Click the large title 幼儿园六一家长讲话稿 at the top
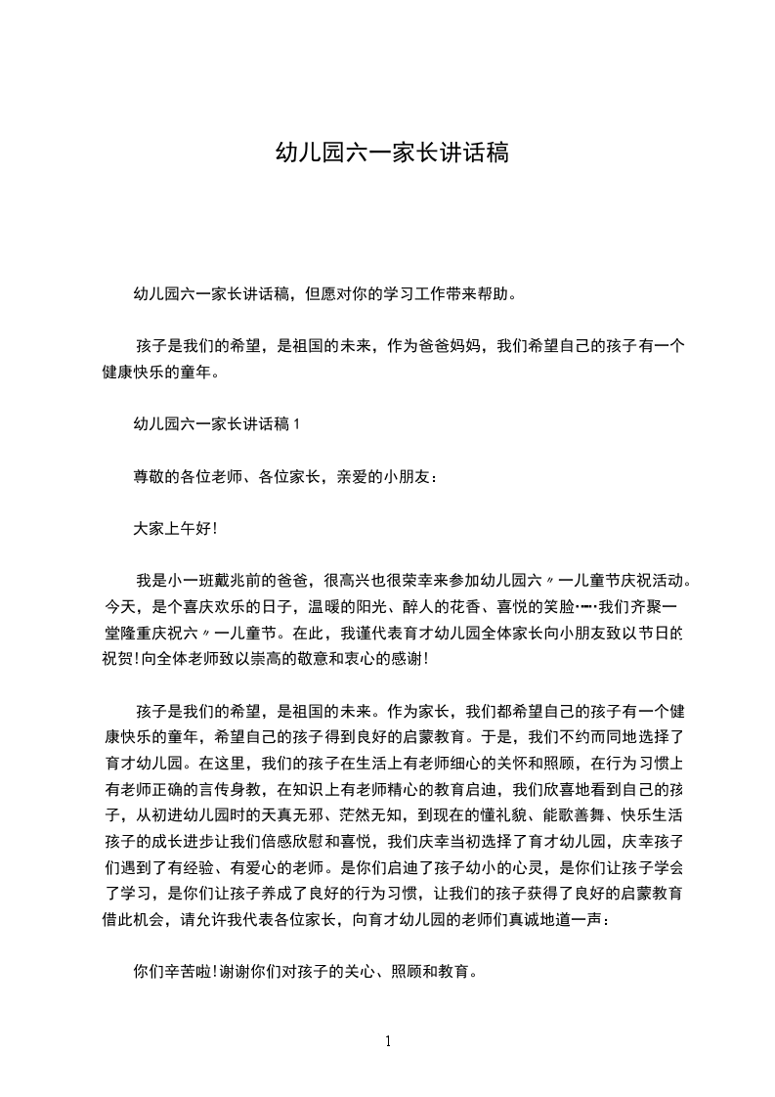coord(391,153)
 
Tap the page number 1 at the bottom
coord(388,1041)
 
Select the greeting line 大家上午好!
coord(174,528)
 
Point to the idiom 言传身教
coord(237,787)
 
